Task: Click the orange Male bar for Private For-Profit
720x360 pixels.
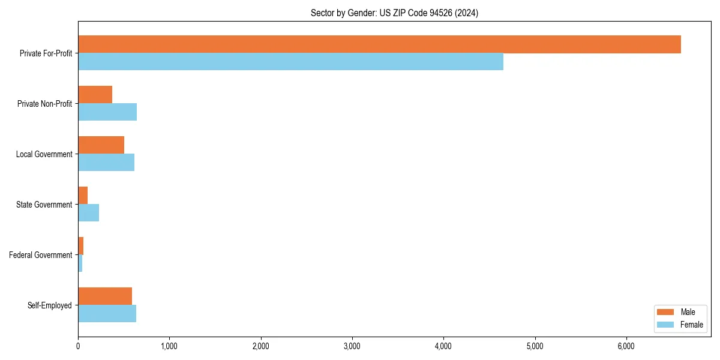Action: (x=379, y=44)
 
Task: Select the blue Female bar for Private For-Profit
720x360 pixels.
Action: (x=290, y=62)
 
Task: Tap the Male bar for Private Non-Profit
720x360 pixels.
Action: (x=95, y=95)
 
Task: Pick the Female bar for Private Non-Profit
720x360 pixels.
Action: (x=107, y=112)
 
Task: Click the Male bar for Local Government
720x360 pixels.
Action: (x=101, y=145)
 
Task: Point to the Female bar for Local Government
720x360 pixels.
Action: (x=106, y=163)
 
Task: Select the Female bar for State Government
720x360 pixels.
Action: (x=88, y=213)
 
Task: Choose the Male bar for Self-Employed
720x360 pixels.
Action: (x=105, y=296)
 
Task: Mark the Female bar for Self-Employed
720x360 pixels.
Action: (x=107, y=314)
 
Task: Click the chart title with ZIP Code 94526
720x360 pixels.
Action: (x=394, y=13)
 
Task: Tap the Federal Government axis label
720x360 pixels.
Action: (x=41, y=255)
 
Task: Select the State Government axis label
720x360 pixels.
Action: (x=44, y=205)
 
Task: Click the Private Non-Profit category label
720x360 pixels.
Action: (x=44, y=104)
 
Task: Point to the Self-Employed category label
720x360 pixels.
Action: (x=50, y=305)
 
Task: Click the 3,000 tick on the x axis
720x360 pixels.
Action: (x=352, y=346)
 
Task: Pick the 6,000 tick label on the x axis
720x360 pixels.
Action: (x=626, y=346)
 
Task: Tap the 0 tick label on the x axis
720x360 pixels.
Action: (x=78, y=346)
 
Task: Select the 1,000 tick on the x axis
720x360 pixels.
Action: (x=169, y=346)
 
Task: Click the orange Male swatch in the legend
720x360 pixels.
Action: (x=666, y=312)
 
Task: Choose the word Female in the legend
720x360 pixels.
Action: (x=691, y=325)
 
